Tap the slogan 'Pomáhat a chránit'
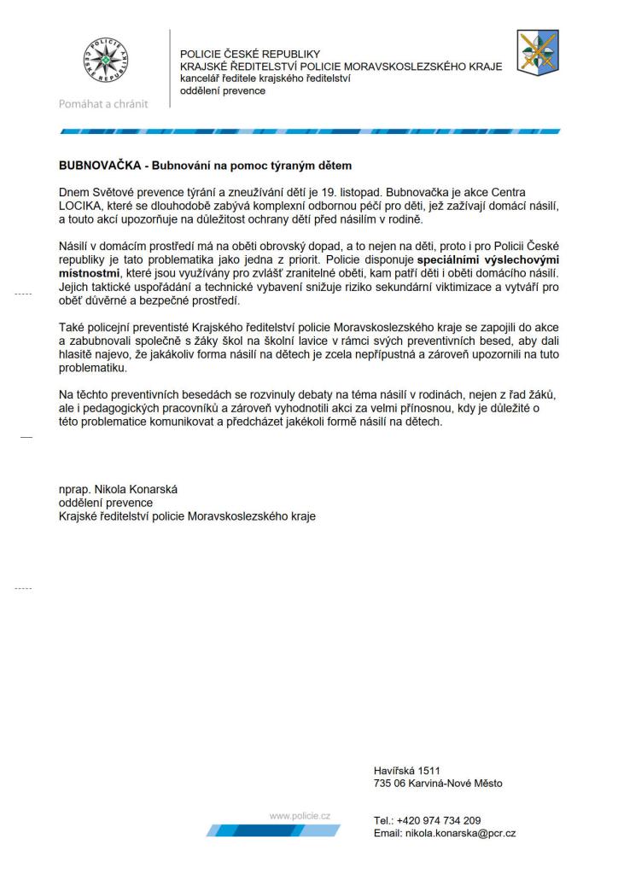tap(102, 104)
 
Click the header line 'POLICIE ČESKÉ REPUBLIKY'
tap(249, 54)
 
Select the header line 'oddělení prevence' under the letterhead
tap(222, 91)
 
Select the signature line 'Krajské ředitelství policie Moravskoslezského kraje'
tap(187, 516)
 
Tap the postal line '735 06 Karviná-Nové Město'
tap(438, 783)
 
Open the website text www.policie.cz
tap(300, 816)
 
